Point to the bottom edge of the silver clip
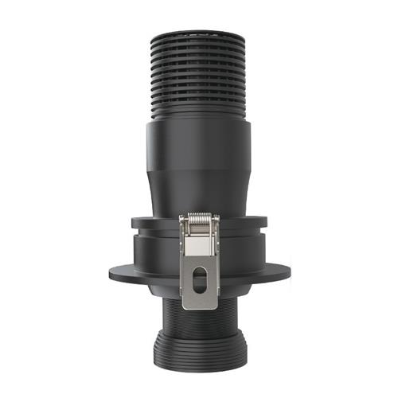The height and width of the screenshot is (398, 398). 199,308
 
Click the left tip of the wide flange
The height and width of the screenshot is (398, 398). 111,272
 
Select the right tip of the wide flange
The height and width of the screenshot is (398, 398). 289,272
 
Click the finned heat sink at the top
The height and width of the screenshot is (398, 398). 199,72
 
